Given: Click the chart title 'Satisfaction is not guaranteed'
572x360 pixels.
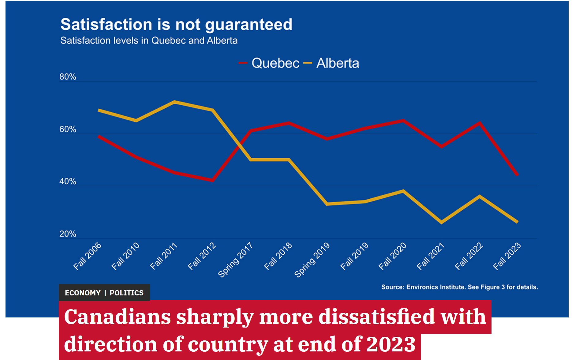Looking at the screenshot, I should click(176, 24).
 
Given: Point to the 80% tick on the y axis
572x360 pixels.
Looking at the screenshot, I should click(68, 77).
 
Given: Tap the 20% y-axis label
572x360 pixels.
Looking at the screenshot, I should click(68, 234).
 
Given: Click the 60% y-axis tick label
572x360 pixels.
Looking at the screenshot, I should click(68, 129).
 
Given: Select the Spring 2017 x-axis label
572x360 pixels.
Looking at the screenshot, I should click(235, 260).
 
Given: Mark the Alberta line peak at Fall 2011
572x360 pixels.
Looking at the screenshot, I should click(174, 102).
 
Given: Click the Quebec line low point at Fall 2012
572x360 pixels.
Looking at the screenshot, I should click(212, 180).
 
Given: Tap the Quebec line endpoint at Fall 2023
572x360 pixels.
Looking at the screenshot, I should click(517, 175).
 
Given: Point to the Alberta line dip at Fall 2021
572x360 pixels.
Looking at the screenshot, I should click(441, 222).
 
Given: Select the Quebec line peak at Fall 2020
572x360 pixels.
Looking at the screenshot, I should click(403, 121).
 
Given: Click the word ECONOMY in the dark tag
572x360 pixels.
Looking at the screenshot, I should click(83, 293).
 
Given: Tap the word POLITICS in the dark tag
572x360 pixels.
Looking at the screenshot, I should click(126, 293).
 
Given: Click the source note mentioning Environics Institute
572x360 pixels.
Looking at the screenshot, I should click(459, 287).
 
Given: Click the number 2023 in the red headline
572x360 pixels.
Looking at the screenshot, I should click(391, 344).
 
